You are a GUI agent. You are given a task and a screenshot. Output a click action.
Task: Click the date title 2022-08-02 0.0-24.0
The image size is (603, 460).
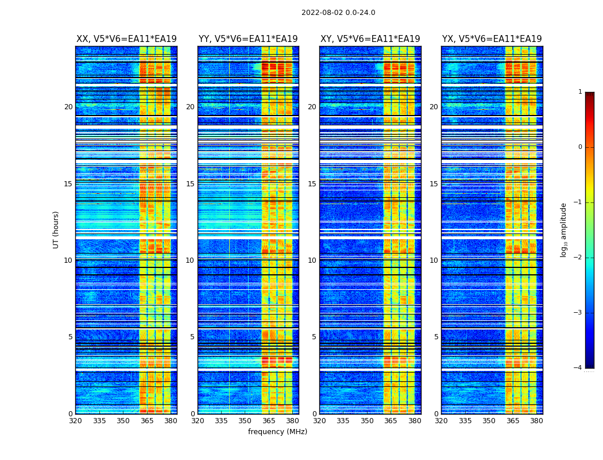338,13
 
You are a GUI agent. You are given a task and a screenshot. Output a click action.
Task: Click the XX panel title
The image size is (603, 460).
126,39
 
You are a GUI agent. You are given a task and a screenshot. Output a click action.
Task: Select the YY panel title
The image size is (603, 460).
248,39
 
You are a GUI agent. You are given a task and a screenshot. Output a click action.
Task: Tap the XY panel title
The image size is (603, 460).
370,39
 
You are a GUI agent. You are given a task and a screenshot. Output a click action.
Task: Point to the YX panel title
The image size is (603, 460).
492,39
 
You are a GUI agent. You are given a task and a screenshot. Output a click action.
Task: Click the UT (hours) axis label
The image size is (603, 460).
56,229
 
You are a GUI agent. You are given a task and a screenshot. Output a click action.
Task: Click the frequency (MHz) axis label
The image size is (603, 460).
277,432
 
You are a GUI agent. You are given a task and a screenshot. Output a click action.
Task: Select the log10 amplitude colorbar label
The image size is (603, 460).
564,229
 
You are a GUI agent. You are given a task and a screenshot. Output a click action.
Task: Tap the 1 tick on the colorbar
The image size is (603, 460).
580,92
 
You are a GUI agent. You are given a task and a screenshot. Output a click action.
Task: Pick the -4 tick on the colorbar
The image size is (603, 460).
578,368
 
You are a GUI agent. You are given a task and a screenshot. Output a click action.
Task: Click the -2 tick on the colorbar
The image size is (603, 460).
578,258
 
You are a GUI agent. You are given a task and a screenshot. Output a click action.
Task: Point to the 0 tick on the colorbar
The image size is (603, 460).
580,147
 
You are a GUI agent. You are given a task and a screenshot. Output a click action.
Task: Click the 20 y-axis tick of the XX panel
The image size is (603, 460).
68,107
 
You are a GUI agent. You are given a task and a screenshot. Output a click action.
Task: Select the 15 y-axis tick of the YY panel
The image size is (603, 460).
190,184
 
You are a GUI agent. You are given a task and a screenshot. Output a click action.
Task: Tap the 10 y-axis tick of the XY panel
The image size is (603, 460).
312,260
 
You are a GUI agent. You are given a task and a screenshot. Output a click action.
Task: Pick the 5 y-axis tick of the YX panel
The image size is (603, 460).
436,337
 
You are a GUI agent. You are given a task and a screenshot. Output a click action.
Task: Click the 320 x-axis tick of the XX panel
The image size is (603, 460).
76,421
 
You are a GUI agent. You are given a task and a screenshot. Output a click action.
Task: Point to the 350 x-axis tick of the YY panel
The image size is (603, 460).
245,421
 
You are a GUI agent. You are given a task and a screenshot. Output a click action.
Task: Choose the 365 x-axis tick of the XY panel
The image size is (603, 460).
391,421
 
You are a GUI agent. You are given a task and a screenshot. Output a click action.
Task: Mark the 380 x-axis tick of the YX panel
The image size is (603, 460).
536,421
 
